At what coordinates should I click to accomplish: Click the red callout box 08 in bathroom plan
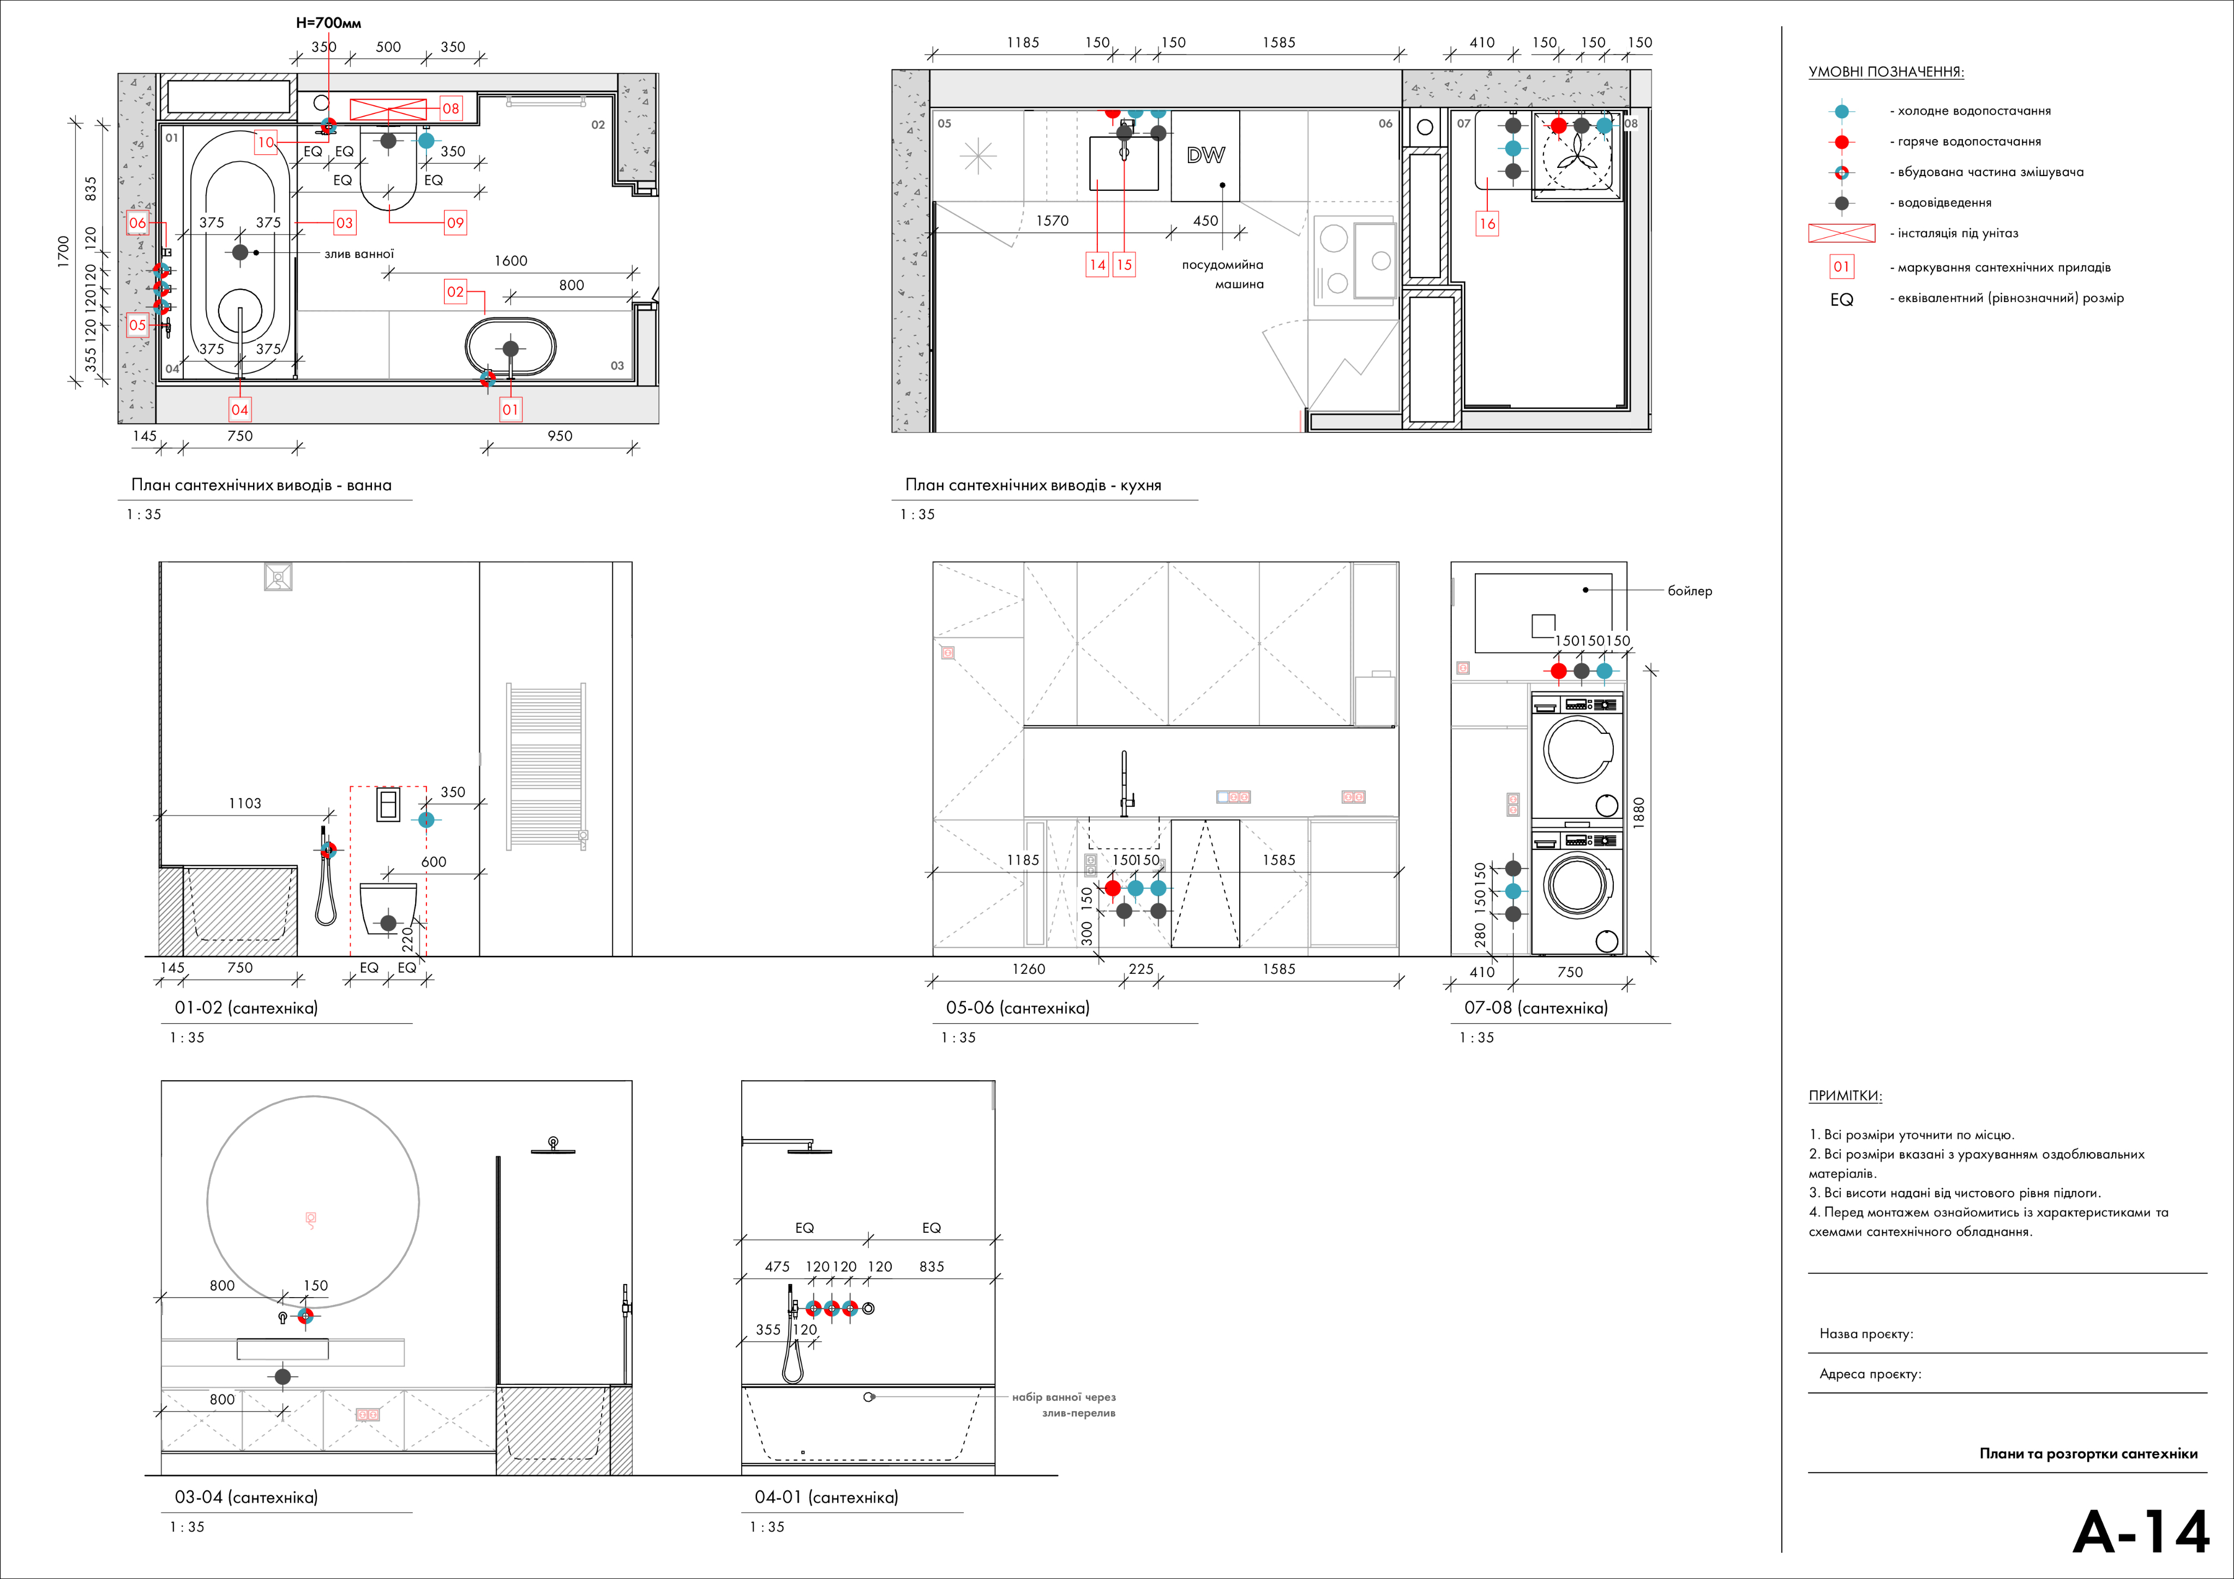[451, 108]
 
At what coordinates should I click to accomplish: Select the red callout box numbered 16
[1487, 224]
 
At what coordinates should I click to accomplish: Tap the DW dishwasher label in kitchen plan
[1205, 155]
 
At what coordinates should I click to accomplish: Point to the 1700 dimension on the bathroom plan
[63, 252]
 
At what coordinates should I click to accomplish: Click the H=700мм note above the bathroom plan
[329, 22]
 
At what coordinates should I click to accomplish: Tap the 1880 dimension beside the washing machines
[1638, 811]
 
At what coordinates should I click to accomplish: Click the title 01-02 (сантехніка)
[246, 1008]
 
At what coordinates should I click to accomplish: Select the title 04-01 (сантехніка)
[826, 1497]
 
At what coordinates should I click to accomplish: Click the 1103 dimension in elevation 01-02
[245, 804]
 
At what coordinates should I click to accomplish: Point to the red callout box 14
[1097, 264]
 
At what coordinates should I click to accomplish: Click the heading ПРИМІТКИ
[1845, 1095]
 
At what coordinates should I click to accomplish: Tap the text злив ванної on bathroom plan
[359, 254]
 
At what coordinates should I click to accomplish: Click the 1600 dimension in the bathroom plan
[511, 261]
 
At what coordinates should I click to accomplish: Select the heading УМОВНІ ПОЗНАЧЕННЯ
[1885, 72]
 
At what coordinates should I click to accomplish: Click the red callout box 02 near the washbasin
[455, 292]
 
